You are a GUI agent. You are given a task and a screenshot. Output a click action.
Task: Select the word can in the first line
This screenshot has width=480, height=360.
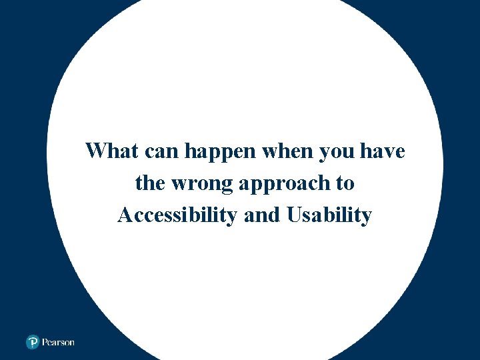coord(159,151)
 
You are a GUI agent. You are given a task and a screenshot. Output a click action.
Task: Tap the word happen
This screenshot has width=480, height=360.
coord(221,152)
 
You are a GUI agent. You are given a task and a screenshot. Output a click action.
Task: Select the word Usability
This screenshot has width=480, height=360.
coord(329,215)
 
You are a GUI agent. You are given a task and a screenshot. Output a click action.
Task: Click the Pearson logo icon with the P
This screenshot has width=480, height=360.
coord(33,342)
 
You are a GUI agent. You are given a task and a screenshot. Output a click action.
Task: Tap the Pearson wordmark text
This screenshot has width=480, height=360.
coord(59,342)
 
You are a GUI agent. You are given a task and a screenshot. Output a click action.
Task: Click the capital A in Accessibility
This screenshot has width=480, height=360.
coord(125,215)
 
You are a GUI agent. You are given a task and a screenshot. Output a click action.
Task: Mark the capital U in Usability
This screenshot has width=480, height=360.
coord(295,215)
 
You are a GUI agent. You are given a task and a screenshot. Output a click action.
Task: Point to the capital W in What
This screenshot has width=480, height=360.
coord(96,151)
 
